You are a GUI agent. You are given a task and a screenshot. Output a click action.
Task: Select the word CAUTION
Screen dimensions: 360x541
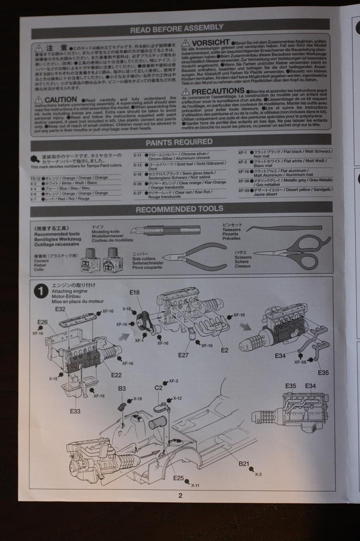[x=61, y=99]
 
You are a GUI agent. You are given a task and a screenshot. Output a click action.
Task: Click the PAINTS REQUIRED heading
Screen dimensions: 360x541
[x=179, y=142]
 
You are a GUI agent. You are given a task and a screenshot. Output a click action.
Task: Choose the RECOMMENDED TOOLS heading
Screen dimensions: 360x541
[x=179, y=209]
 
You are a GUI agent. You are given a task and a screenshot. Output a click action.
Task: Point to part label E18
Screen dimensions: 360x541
[x=134, y=293]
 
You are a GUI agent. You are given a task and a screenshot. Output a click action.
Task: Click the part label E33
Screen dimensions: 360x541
[x=75, y=411]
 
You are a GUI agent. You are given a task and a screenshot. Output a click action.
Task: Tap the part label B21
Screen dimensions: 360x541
[x=244, y=463]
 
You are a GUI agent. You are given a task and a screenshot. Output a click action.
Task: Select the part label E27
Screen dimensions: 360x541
[x=183, y=355]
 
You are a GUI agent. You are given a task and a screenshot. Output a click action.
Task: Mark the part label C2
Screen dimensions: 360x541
[x=158, y=388]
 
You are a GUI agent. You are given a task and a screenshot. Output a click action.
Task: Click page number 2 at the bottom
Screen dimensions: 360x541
[x=181, y=495]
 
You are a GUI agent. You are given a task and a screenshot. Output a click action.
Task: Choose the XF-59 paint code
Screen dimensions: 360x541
[x=244, y=190]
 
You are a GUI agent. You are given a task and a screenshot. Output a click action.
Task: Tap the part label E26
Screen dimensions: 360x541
[x=43, y=322]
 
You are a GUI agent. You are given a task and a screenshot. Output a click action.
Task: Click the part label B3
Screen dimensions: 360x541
[x=122, y=388]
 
